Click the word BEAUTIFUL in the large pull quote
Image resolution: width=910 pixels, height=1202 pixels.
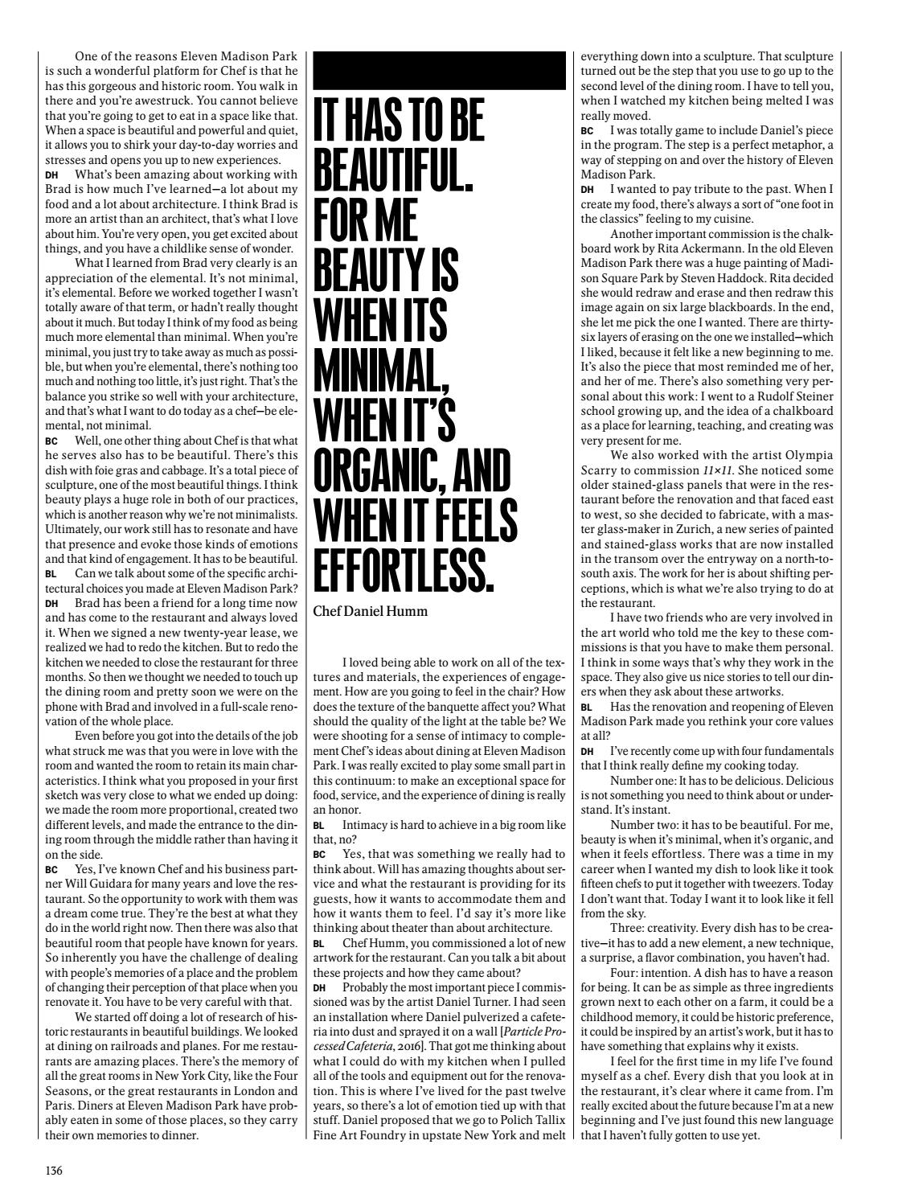coord(399,170)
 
